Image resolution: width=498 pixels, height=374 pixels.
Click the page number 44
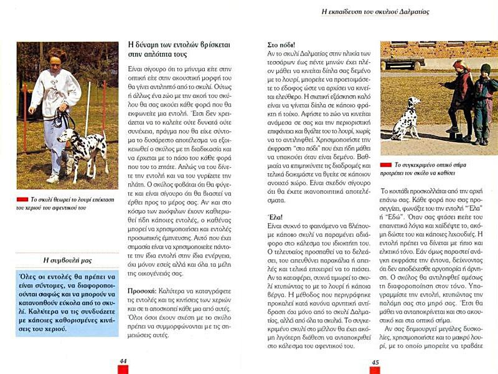click(x=123, y=361)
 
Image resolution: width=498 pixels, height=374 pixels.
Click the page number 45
click(x=375, y=362)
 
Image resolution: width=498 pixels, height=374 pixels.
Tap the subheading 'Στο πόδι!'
click(x=281, y=45)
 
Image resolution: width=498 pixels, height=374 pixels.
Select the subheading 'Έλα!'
click(x=276, y=216)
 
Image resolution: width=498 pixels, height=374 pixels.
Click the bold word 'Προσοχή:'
click(x=146, y=292)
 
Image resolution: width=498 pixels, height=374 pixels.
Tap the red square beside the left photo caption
click(x=22, y=199)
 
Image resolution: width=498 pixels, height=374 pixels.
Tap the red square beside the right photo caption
click(x=385, y=165)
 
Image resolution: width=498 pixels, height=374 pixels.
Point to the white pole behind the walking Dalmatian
click(x=87, y=112)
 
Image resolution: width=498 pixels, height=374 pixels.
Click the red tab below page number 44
click(x=123, y=370)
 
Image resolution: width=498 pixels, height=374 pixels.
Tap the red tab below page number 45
click(x=375, y=370)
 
